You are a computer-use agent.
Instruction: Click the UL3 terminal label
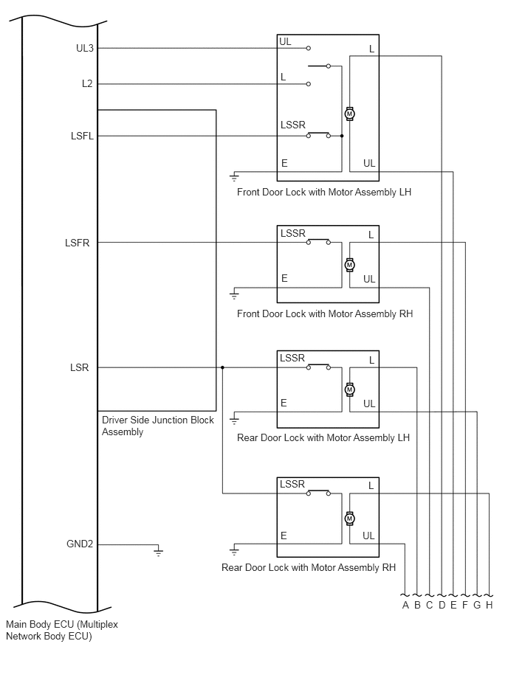85,48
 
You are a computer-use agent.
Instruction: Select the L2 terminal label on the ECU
87,84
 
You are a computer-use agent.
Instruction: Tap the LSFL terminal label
82,136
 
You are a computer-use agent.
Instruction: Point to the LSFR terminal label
78,243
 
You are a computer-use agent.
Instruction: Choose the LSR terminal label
80,367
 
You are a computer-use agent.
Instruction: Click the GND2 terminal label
80,544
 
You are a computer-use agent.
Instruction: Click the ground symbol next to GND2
158,552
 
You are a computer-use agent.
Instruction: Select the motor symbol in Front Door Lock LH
350,114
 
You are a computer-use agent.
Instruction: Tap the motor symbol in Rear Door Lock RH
350,519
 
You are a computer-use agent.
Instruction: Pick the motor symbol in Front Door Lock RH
350,265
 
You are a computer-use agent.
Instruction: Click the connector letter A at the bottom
405,605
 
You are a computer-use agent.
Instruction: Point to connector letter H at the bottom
490,605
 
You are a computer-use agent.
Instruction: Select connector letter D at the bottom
442,605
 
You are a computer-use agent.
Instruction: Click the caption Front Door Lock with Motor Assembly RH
325,313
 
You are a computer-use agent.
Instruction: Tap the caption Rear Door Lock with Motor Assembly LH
323,437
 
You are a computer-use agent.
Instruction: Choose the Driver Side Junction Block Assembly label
158,426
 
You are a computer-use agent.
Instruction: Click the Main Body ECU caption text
62,630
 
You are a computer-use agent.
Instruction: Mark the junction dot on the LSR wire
222,367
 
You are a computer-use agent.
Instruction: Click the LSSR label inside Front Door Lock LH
293,125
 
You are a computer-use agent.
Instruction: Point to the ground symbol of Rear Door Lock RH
234,550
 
